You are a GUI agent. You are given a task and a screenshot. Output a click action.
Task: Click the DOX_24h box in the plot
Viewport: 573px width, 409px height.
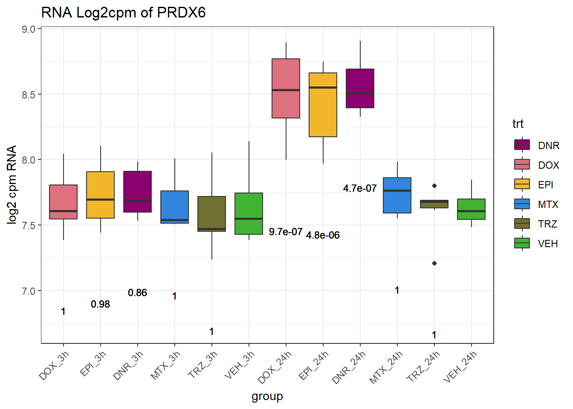(286, 88)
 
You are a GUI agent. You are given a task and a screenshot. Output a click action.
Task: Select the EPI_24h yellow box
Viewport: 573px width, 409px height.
(323, 105)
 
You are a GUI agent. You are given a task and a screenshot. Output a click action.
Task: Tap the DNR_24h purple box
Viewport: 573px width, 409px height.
(360, 88)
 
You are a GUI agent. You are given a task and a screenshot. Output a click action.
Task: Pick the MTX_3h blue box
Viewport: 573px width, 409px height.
(174, 207)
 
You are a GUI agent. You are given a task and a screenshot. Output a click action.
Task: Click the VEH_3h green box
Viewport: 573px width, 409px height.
(249, 213)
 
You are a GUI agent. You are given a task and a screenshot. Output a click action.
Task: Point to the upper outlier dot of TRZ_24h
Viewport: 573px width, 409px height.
(434, 186)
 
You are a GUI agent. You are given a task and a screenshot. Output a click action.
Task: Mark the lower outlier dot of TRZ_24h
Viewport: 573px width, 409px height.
(434, 263)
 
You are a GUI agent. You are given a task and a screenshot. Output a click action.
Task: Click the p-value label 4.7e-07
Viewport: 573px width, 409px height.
(360, 188)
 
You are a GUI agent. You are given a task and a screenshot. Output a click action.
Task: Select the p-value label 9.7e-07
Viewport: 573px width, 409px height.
(286, 232)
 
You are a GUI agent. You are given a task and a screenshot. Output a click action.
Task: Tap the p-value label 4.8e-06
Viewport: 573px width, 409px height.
(323, 235)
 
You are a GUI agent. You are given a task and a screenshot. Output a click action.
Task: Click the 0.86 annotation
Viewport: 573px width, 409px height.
(137, 293)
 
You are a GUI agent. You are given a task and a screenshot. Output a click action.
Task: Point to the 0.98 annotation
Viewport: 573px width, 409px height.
(100, 304)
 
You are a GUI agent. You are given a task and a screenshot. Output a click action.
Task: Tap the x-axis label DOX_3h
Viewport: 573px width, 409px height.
(54, 365)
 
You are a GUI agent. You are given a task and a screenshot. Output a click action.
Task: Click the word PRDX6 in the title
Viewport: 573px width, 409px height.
(181, 13)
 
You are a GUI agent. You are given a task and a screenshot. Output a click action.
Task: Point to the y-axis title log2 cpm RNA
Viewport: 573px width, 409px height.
(12, 184)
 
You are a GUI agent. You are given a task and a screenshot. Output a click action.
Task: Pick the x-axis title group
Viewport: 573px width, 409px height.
(267, 396)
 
